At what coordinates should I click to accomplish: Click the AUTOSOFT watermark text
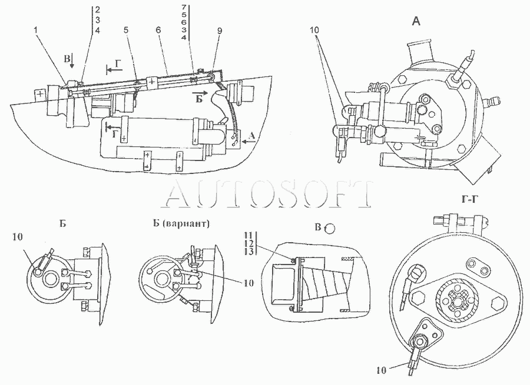pos(268,195)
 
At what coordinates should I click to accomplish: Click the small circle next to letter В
pos(330,228)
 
